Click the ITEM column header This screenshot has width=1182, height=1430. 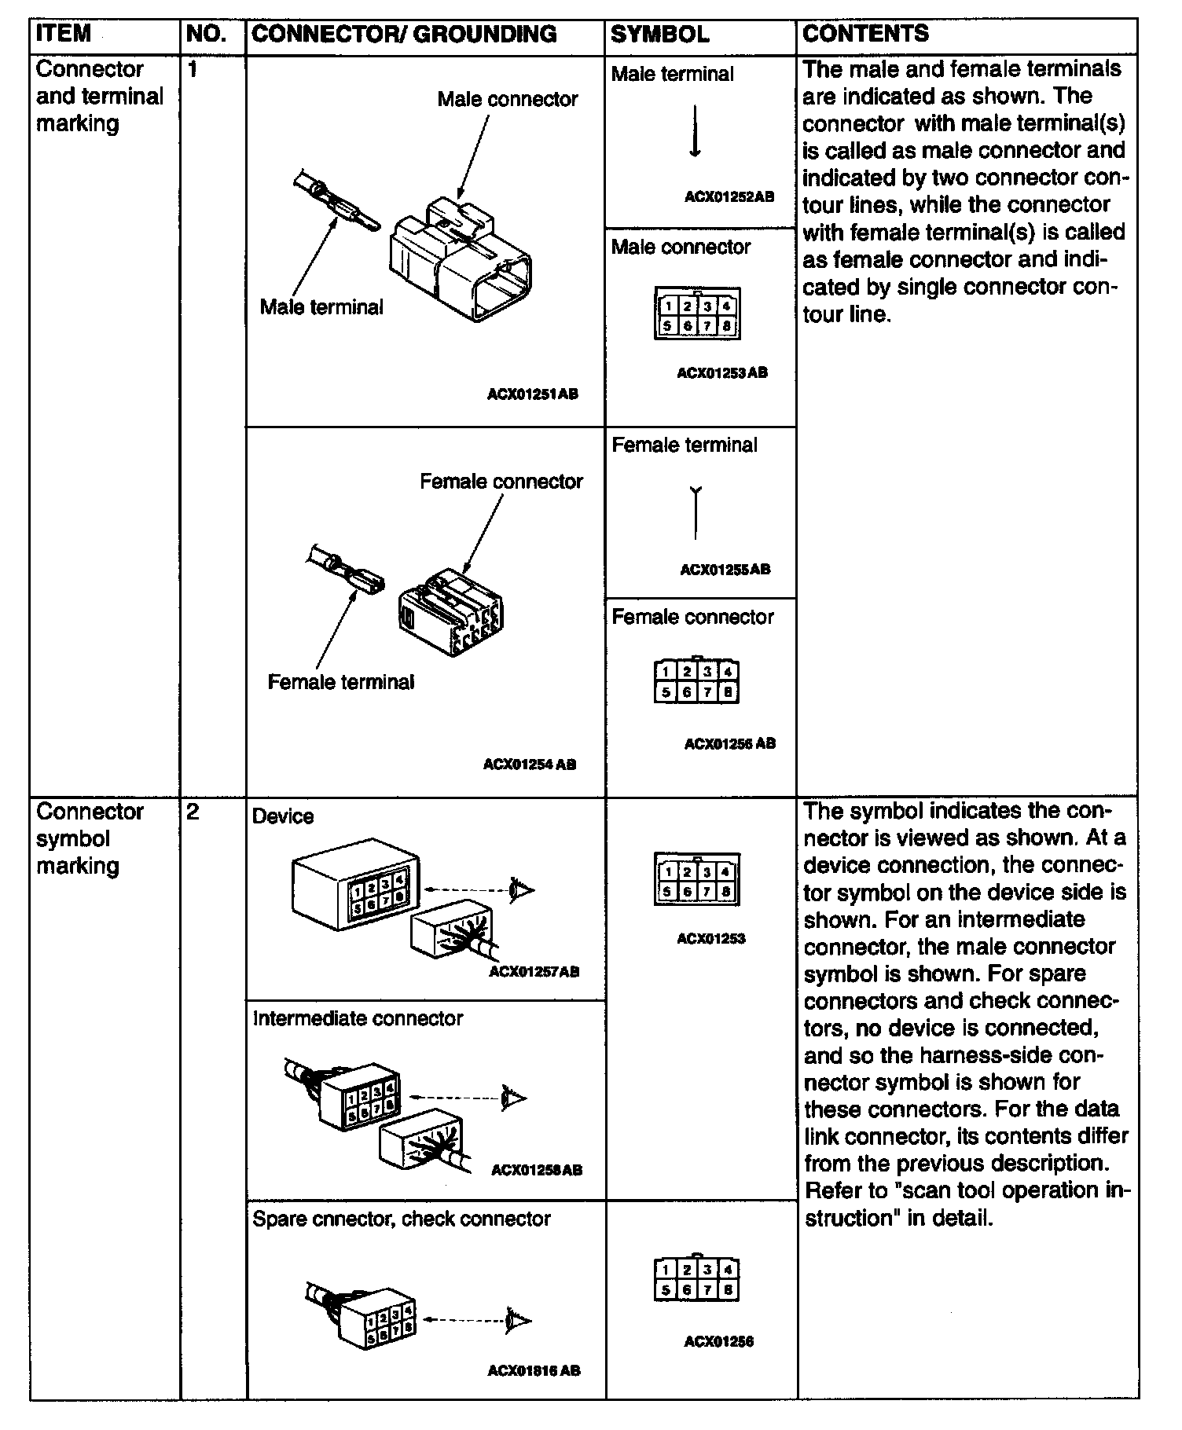click(x=64, y=35)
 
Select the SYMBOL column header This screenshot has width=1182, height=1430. click(x=659, y=35)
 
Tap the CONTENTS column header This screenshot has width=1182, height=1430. click(x=865, y=34)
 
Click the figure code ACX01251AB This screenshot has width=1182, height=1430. click(x=532, y=394)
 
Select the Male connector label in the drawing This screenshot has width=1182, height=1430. click(x=507, y=100)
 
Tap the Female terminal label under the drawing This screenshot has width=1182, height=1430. click(x=340, y=682)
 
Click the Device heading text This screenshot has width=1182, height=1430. click(x=283, y=817)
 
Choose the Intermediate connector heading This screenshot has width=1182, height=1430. click(x=358, y=1019)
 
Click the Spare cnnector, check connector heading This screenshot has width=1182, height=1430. click(x=401, y=1219)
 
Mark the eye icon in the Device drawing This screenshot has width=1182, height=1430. click(x=521, y=890)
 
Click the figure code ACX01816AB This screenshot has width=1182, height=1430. click(x=534, y=1371)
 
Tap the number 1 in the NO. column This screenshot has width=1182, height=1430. click(x=193, y=70)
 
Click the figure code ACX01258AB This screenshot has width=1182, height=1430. click(x=537, y=1170)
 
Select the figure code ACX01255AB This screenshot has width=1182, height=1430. click(x=725, y=570)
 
